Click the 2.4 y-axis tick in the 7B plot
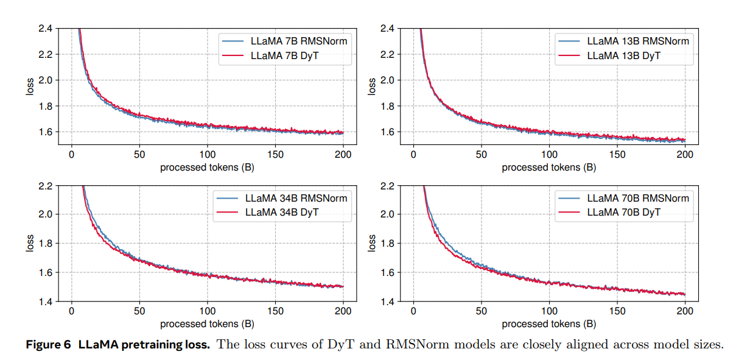(46, 28)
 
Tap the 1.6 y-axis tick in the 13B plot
(388, 132)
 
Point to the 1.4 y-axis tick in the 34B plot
(46, 302)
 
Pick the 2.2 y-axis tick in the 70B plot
(388, 185)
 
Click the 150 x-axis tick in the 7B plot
(276, 155)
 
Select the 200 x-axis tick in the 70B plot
(685, 312)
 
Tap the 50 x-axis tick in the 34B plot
(139, 312)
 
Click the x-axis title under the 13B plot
(548, 167)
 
